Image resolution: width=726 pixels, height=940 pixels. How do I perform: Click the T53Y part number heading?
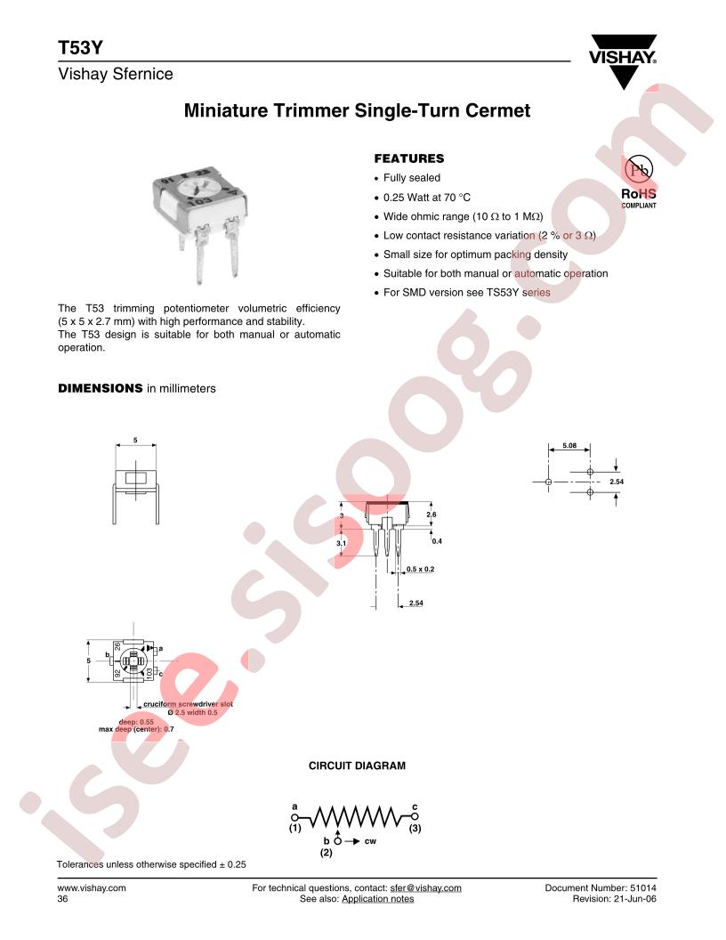click(x=80, y=48)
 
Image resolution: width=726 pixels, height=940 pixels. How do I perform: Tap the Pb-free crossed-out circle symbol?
click(x=639, y=170)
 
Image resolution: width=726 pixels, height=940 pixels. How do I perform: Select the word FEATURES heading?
click(x=409, y=158)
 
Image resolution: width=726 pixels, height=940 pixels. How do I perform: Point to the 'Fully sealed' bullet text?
click(x=412, y=178)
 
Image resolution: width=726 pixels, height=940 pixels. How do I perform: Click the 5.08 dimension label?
click(x=569, y=445)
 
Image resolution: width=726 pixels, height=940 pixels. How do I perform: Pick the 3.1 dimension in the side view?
click(x=342, y=544)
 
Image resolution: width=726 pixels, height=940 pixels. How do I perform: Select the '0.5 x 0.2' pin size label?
click(x=420, y=569)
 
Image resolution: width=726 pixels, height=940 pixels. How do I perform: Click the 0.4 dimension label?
click(x=437, y=540)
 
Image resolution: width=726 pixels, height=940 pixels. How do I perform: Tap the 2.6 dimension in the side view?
click(x=432, y=515)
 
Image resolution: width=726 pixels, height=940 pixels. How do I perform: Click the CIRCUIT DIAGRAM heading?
click(x=357, y=766)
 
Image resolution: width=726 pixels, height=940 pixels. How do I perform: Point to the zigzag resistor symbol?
click(x=355, y=816)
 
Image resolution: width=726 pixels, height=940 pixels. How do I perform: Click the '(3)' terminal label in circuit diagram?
click(x=415, y=828)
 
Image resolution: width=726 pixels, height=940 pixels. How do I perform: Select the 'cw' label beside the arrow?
click(x=370, y=841)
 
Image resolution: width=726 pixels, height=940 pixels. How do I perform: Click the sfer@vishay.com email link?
click(x=426, y=887)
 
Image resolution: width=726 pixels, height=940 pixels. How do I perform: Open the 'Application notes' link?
click(x=378, y=899)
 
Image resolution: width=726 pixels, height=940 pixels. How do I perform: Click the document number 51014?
click(x=642, y=887)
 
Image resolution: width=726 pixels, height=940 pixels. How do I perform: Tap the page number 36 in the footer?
click(x=63, y=899)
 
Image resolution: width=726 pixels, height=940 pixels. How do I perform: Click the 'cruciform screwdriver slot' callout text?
click(x=188, y=704)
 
